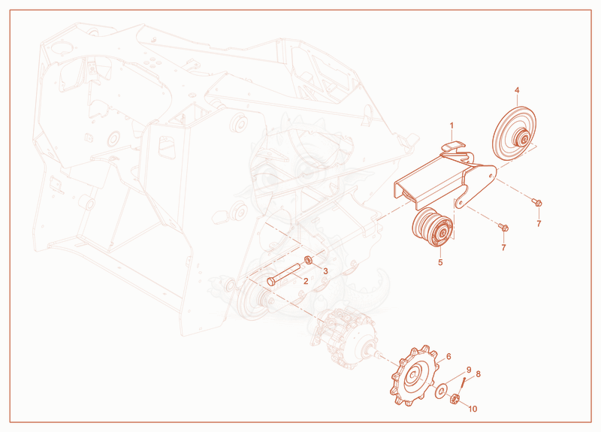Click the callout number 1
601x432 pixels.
pos(452,125)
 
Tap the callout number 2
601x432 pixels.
pos(306,281)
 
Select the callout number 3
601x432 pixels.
pos(325,271)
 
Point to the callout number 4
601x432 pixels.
pos(517,90)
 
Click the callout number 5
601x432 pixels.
pos(440,262)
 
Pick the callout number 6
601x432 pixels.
pos(448,356)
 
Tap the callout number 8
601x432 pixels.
pos(478,373)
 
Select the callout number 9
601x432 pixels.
pos(468,370)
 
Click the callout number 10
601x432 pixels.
pos(473,409)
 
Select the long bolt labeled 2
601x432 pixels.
pos(283,273)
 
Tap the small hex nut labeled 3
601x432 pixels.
pos(307,260)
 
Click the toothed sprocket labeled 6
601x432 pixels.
pos(413,376)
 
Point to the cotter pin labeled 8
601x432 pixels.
pos(464,382)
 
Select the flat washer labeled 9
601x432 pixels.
pos(441,391)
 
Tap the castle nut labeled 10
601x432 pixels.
pos(455,400)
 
